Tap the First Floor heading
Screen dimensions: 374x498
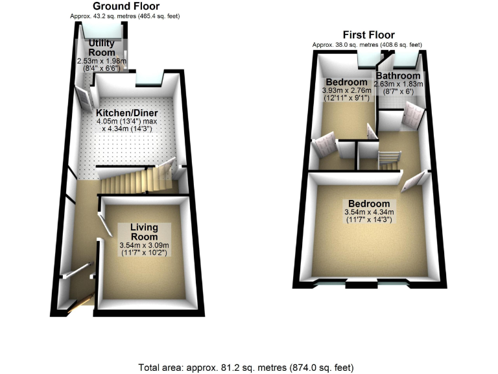pos(368,35)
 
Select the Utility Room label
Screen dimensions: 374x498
pos(102,47)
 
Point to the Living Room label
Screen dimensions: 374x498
pos(144,232)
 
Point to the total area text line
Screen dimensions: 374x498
pos(246,368)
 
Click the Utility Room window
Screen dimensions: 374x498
pos(102,29)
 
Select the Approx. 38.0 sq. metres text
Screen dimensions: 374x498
pos(367,45)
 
